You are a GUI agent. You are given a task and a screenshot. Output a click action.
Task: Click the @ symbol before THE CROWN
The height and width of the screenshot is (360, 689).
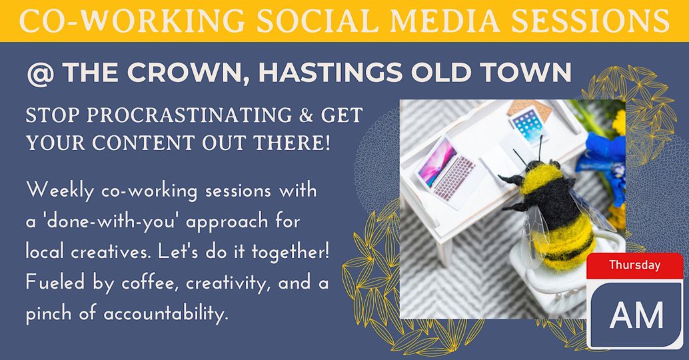point(41,73)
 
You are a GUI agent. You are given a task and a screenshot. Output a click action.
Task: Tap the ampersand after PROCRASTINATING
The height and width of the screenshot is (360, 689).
point(305,115)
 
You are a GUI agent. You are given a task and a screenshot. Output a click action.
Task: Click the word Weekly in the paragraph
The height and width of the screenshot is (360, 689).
point(60,191)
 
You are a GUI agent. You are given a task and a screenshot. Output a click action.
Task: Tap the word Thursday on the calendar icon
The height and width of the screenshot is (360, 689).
point(634,265)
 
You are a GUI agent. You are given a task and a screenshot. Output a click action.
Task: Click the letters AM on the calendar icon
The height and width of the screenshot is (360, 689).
point(636,315)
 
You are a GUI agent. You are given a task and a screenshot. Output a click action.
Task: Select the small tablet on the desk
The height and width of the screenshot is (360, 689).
point(528,124)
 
